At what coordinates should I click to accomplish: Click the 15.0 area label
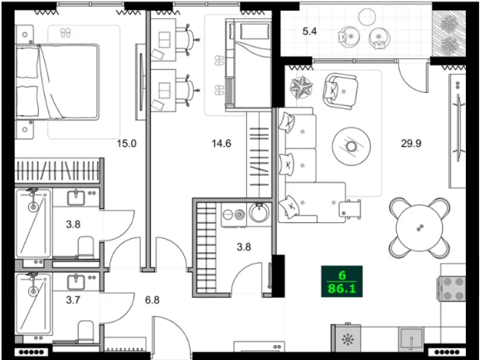[x=126, y=144]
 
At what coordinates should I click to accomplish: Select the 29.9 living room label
[x=412, y=144]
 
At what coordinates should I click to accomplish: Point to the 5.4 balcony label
[x=310, y=32]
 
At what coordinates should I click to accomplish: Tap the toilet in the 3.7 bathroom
[x=83, y=333]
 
